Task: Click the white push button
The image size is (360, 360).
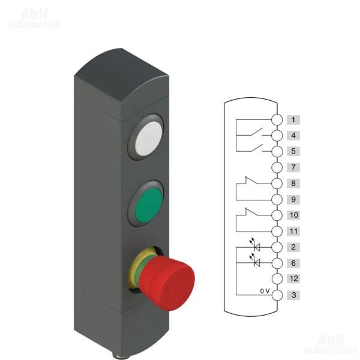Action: [x=148, y=139]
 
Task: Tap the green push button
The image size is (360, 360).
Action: [x=148, y=205]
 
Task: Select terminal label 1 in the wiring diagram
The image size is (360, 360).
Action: [x=293, y=120]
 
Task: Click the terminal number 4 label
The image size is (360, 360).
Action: [x=293, y=136]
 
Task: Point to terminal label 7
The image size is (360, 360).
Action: [x=293, y=167]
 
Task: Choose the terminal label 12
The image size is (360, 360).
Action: [x=293, y=279]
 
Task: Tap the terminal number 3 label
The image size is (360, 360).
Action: [x=293, y=295]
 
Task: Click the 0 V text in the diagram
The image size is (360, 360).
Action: [x=265, y=291]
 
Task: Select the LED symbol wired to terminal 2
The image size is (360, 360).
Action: [x=256, y=245]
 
